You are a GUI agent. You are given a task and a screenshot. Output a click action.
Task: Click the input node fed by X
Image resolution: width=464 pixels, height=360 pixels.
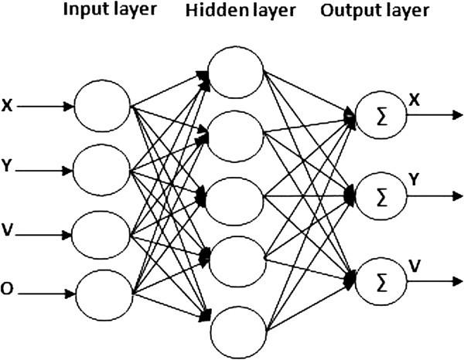[x=104, y=107]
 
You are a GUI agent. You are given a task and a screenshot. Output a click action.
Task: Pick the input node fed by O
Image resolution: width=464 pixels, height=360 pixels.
[x=104, y=294]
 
